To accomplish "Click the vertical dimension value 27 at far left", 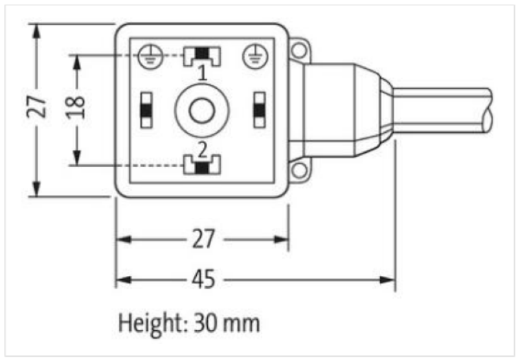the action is click(x=37, y=106).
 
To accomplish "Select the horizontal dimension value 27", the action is click(x=203, y=239).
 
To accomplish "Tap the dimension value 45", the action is click(x=203, y=279).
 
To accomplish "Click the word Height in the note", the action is click(x=151, y=323).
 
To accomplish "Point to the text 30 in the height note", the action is click(x=204, y=322).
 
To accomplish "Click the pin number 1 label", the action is click(x=203, y=73).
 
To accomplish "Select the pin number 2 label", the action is click(x=203, y=149).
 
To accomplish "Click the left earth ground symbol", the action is click(x=150, y=56).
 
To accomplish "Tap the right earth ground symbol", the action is click(x=255, y=56).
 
